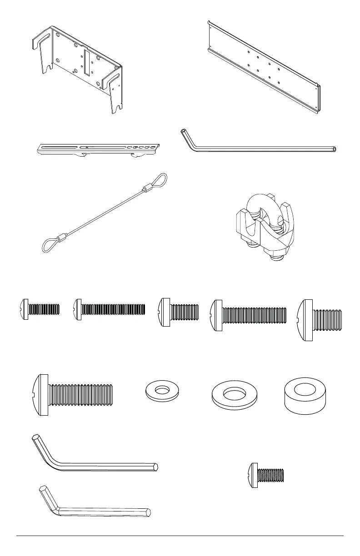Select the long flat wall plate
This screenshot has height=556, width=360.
click(x=264, y=68)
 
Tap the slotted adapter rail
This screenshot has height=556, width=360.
click(x=98, y=148)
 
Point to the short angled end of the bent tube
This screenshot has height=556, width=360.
click(x=187, y=138)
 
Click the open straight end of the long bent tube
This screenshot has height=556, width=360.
click(x=335, y=149)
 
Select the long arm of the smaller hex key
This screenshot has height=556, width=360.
click(x=105, y=512)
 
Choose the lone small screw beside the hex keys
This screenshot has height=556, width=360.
click(x=267, y=475)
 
